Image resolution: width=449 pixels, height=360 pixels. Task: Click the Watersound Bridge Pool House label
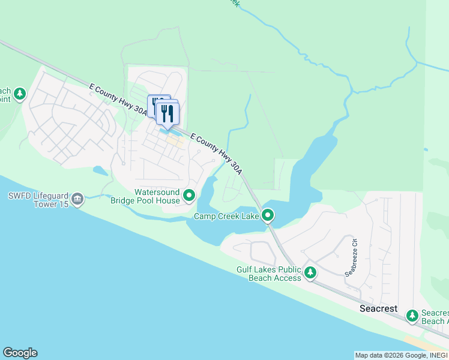click(x=145, y=196)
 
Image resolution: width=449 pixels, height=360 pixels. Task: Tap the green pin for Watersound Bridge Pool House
click(x=189, y=195)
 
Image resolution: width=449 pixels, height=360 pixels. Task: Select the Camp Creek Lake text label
click(x=226, y=215)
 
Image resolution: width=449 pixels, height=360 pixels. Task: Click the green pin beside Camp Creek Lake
click(x=268, y=215)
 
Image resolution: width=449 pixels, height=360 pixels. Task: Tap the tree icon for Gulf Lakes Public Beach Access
click(x=310, y=273)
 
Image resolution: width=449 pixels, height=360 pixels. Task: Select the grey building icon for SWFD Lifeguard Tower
click(x=77, y=199)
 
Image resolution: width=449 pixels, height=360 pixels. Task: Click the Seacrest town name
click(x=378, y=308)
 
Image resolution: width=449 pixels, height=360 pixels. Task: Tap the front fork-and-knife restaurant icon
click(x=167, y=113)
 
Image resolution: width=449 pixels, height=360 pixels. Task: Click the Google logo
click(x=20, y=353)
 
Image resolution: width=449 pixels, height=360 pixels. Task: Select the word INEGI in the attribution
click(x=436, y=355)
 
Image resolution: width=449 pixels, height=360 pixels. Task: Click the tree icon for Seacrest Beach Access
click(x=412, y=315)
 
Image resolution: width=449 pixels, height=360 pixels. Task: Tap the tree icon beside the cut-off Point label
click(x=20, y=94)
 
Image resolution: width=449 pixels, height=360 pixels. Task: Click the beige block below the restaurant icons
click(x=175, y=142)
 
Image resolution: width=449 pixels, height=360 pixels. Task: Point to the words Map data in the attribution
click(x=367, y=355)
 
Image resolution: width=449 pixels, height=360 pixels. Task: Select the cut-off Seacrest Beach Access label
click(x=434, y=317)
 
